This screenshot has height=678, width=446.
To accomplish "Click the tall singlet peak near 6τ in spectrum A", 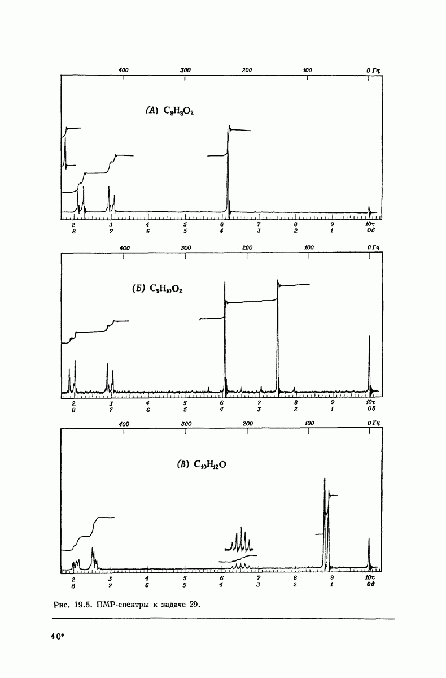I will click(x=229, y=169).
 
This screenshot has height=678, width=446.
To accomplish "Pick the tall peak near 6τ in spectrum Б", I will click(x=225, y=339).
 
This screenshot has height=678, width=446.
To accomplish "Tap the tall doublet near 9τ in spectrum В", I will click(x=326, y=520).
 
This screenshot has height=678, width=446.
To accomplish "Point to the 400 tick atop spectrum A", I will click(x=124, y=70).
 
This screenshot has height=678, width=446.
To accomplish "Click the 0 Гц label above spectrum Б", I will click(x=373, y=247).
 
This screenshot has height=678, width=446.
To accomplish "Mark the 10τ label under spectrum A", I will click(x=369, y=224).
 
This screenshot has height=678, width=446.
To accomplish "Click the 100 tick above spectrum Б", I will click(x=309, y=247).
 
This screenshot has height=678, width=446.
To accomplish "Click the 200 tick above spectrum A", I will click(x=247, y=70).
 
